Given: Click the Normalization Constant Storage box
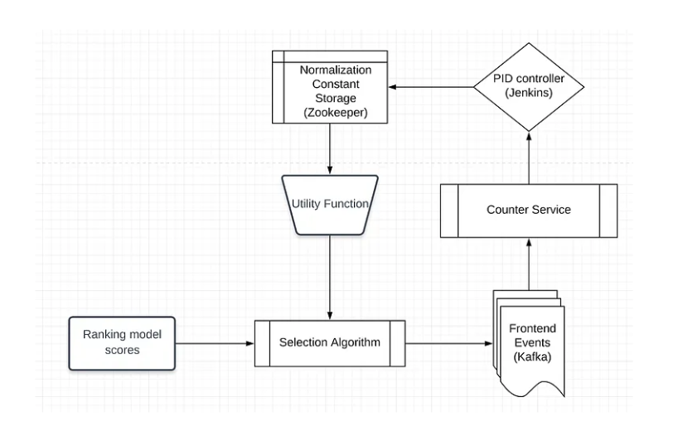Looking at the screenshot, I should click(330, 87).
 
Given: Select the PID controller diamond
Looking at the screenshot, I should click(528, 86).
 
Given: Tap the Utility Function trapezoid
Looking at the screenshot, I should click(330, 204).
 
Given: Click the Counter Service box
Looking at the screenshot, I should click(528, 211).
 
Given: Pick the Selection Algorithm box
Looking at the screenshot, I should click(330, 342).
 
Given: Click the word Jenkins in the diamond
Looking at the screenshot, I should click(528, 94).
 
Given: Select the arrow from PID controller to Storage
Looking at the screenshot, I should click(432, 86).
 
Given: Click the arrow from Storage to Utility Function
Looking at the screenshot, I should click(330, 149).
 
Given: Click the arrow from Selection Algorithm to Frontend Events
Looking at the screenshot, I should click(448, 342).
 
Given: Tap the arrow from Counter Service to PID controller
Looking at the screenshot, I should click(528, 157).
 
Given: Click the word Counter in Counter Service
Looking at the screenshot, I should click(507, 211).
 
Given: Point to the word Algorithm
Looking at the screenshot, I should click(355, 342).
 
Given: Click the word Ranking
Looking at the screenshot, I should click(104, 335).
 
